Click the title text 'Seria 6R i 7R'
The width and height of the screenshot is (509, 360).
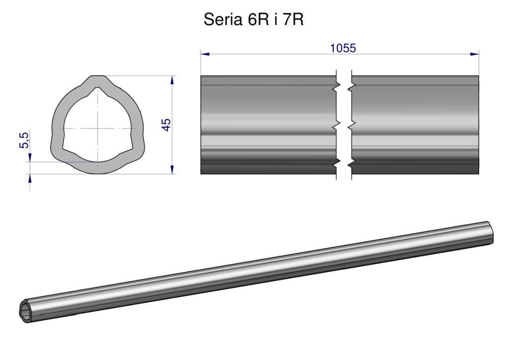tap(254, 19)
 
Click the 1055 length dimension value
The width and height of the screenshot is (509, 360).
tap(343, 48)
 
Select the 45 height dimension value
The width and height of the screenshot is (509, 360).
tap(166, 125)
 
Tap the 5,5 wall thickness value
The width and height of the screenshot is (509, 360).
tap(24, 140)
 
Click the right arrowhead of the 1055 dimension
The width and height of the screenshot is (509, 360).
tap(475, 54)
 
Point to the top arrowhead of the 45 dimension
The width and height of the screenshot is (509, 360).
tap(172, 80)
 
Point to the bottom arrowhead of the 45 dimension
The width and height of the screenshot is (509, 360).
tap(172, 170)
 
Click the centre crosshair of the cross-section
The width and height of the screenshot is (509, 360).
tap(98, 129)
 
